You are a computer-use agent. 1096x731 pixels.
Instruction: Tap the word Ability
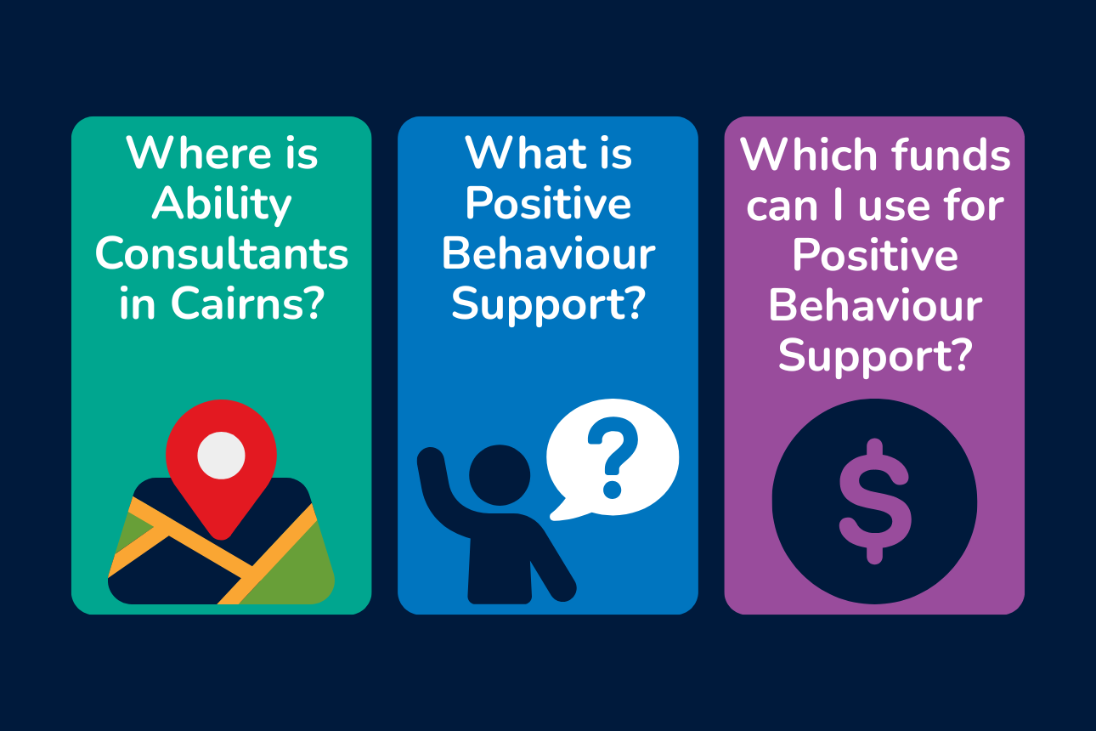221,205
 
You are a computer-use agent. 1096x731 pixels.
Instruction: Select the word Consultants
222,255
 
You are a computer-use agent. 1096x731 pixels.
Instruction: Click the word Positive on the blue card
548,205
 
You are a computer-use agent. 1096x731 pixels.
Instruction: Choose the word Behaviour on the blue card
548,255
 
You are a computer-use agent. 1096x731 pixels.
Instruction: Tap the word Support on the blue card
538,304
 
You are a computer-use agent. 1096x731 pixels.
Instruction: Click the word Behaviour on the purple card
874,307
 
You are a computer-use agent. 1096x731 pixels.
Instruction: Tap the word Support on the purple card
865,356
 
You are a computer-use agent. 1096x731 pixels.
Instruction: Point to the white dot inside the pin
221,456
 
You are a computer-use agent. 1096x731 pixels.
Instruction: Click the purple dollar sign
874,501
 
